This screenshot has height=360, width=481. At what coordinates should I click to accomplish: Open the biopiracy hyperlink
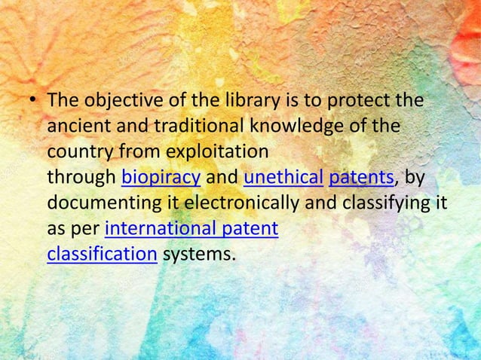(x=161, y=178)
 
